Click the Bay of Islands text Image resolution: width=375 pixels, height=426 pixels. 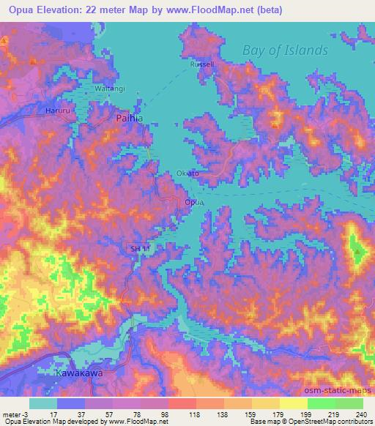coord(285,51)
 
